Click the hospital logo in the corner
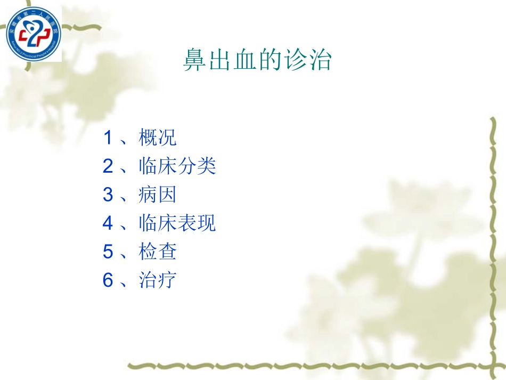pyautogui.click(x=34, y=34)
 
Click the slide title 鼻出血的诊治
pyautogui.click(x=257, y=60)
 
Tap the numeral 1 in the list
pyautogui.click(x=108, y=138)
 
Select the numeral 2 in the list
pyautogui.click(x=108, y=167)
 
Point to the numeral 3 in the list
pyautogui.click(x=108, y=195)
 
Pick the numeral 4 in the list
pyautogui.click(x=108, y=223)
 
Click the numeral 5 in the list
pyautogui.click(x=108, y=252)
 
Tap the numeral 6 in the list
pyautogui.click(x=108, y=280)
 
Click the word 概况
pyautogui.click(x=157, y=138)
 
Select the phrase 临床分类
pyautogui.click(x=177, y=167)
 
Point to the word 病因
pyautogui.click(x=157, y=195)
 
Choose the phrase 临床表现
pyautogui.click(x=177, y=223)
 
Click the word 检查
pyautogui.click(x=157, y=252)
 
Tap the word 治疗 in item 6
pyautogui.click(x=157, y=280)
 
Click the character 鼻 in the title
pyautogui.click(x=195, y=60)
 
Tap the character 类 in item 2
pyautogui.click(x=207, y=167)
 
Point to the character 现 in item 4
pyautogui.click(x=207, y=223)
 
